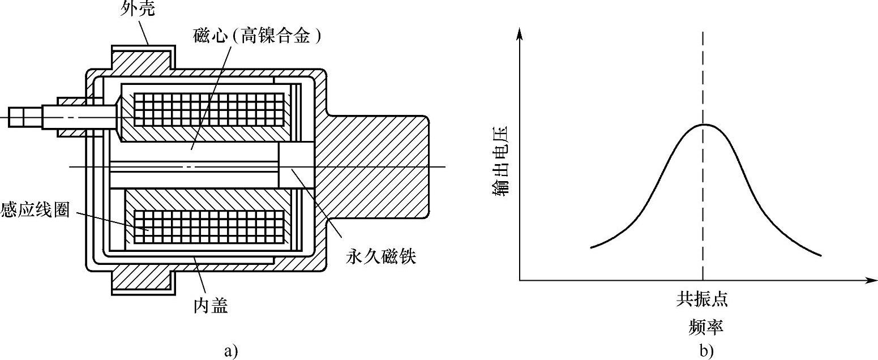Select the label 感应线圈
35,210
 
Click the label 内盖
211,306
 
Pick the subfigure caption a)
229,350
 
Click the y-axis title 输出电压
501,161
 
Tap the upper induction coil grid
208,110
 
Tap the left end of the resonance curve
592,247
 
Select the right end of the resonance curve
820,255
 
